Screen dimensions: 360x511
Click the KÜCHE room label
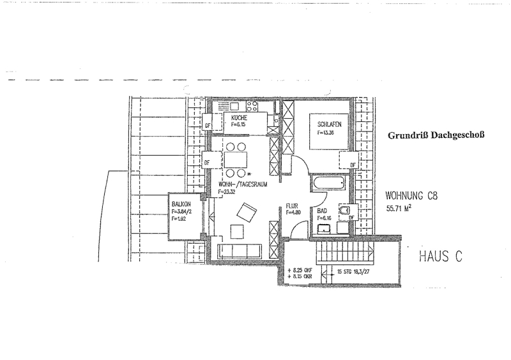tap(240, 119)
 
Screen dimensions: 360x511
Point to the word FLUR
tap(293, 206)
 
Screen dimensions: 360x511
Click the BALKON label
tap(181, 205)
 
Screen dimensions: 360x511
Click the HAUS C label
tap(440, 257)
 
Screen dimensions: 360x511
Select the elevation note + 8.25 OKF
tap(304, 270)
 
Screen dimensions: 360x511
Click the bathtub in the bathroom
tap(328, 184)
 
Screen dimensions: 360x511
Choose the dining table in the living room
tap(236, 160)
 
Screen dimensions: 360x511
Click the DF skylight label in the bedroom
tap(353, 165)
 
